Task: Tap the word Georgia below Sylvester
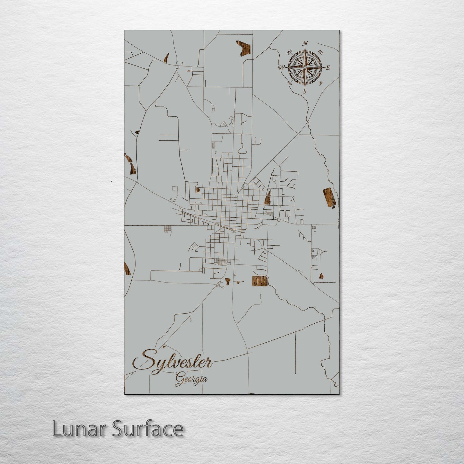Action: [191, 380]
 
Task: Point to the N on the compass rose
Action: [305, 44]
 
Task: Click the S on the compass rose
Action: [304, 91]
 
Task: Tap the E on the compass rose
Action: [328, 68]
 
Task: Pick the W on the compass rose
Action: [282, 67]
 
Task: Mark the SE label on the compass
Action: [320, 83]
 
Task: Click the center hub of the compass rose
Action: [305, 67]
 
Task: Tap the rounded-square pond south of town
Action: [260, 282]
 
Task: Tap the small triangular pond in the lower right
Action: [321, 276]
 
